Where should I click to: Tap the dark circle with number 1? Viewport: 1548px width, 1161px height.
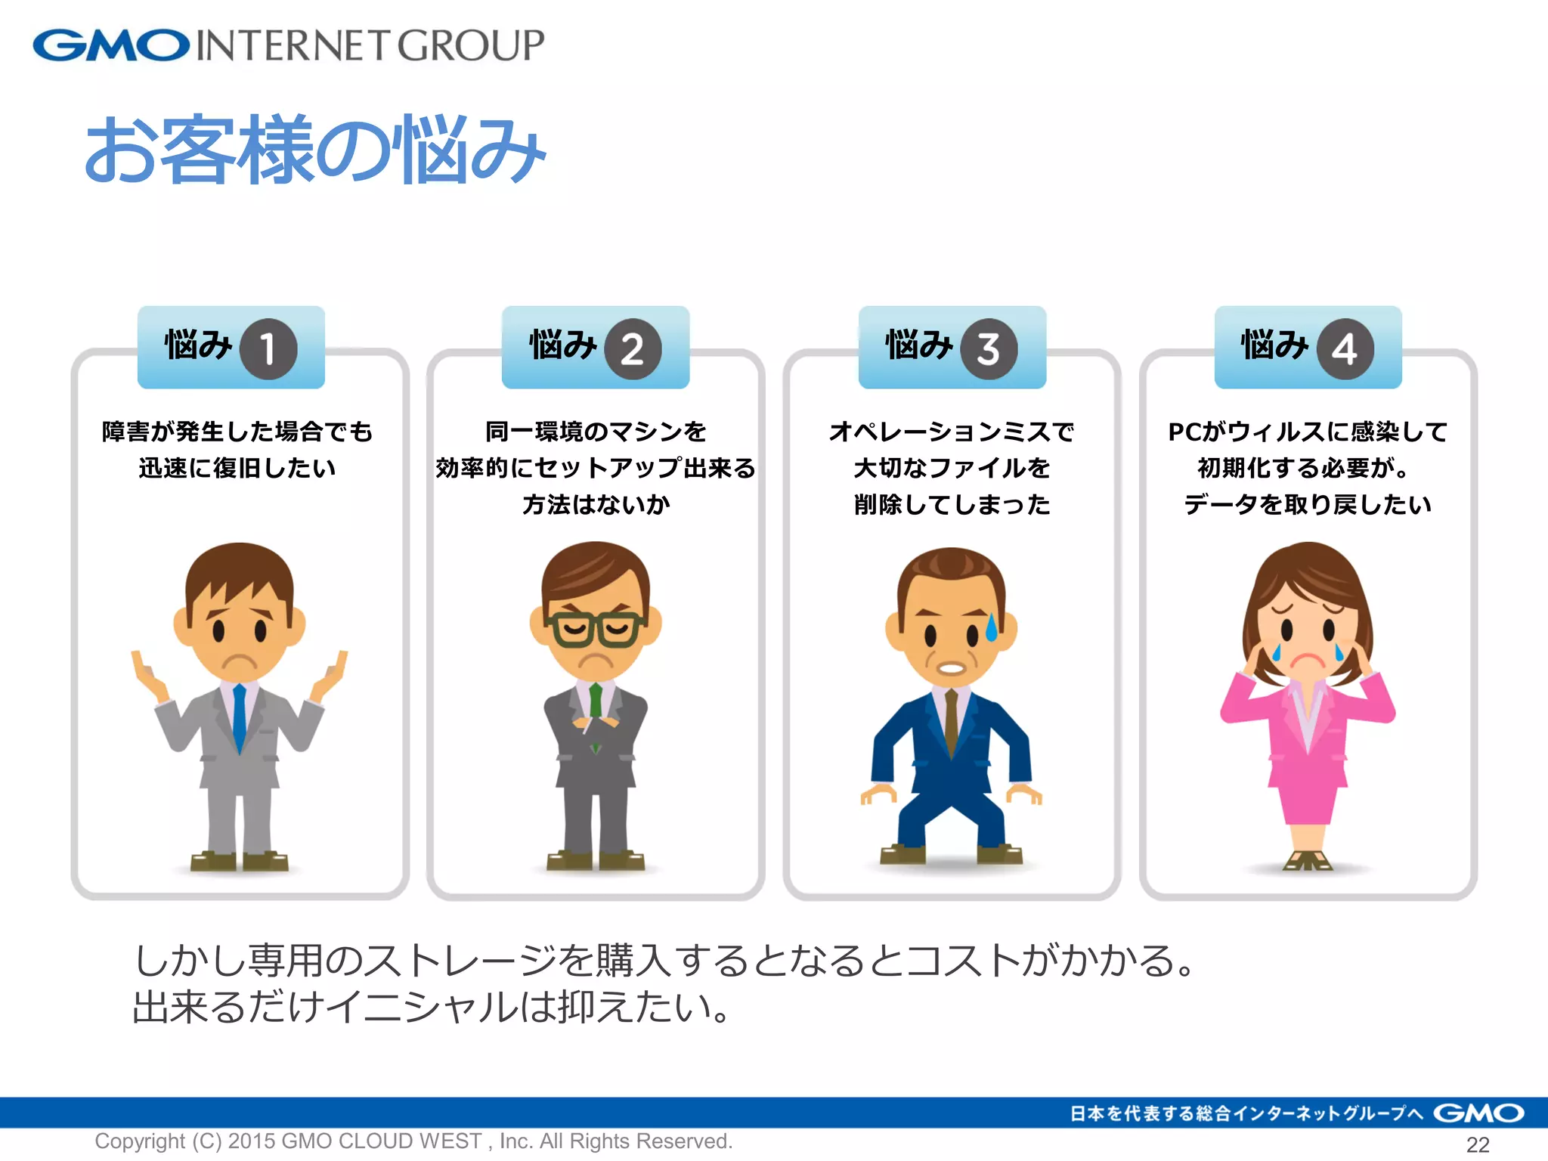coord(268,348)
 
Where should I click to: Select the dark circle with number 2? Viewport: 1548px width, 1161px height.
coord(633,348)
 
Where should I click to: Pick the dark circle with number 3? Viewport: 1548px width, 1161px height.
coord(989,348)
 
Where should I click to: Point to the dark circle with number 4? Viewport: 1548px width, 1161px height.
coord(1345,348)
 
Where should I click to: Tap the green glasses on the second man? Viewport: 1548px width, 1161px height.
coord(596,629)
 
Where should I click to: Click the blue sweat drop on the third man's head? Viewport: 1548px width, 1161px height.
coord(992,627)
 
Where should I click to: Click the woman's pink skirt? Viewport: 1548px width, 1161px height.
coord(1307,801)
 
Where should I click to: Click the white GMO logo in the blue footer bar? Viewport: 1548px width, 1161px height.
coord(1478,1113)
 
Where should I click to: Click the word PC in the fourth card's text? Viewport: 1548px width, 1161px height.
coord(1184,432)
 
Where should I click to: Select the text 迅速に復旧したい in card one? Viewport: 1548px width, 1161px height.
coord(237,468)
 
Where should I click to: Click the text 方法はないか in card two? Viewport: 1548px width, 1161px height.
coord(596,504)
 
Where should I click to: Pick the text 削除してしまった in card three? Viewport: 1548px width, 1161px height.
coord(952,504)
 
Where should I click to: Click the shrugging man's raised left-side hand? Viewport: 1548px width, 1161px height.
coord(149,675)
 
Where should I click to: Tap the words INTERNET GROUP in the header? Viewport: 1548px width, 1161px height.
coord(370,45)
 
